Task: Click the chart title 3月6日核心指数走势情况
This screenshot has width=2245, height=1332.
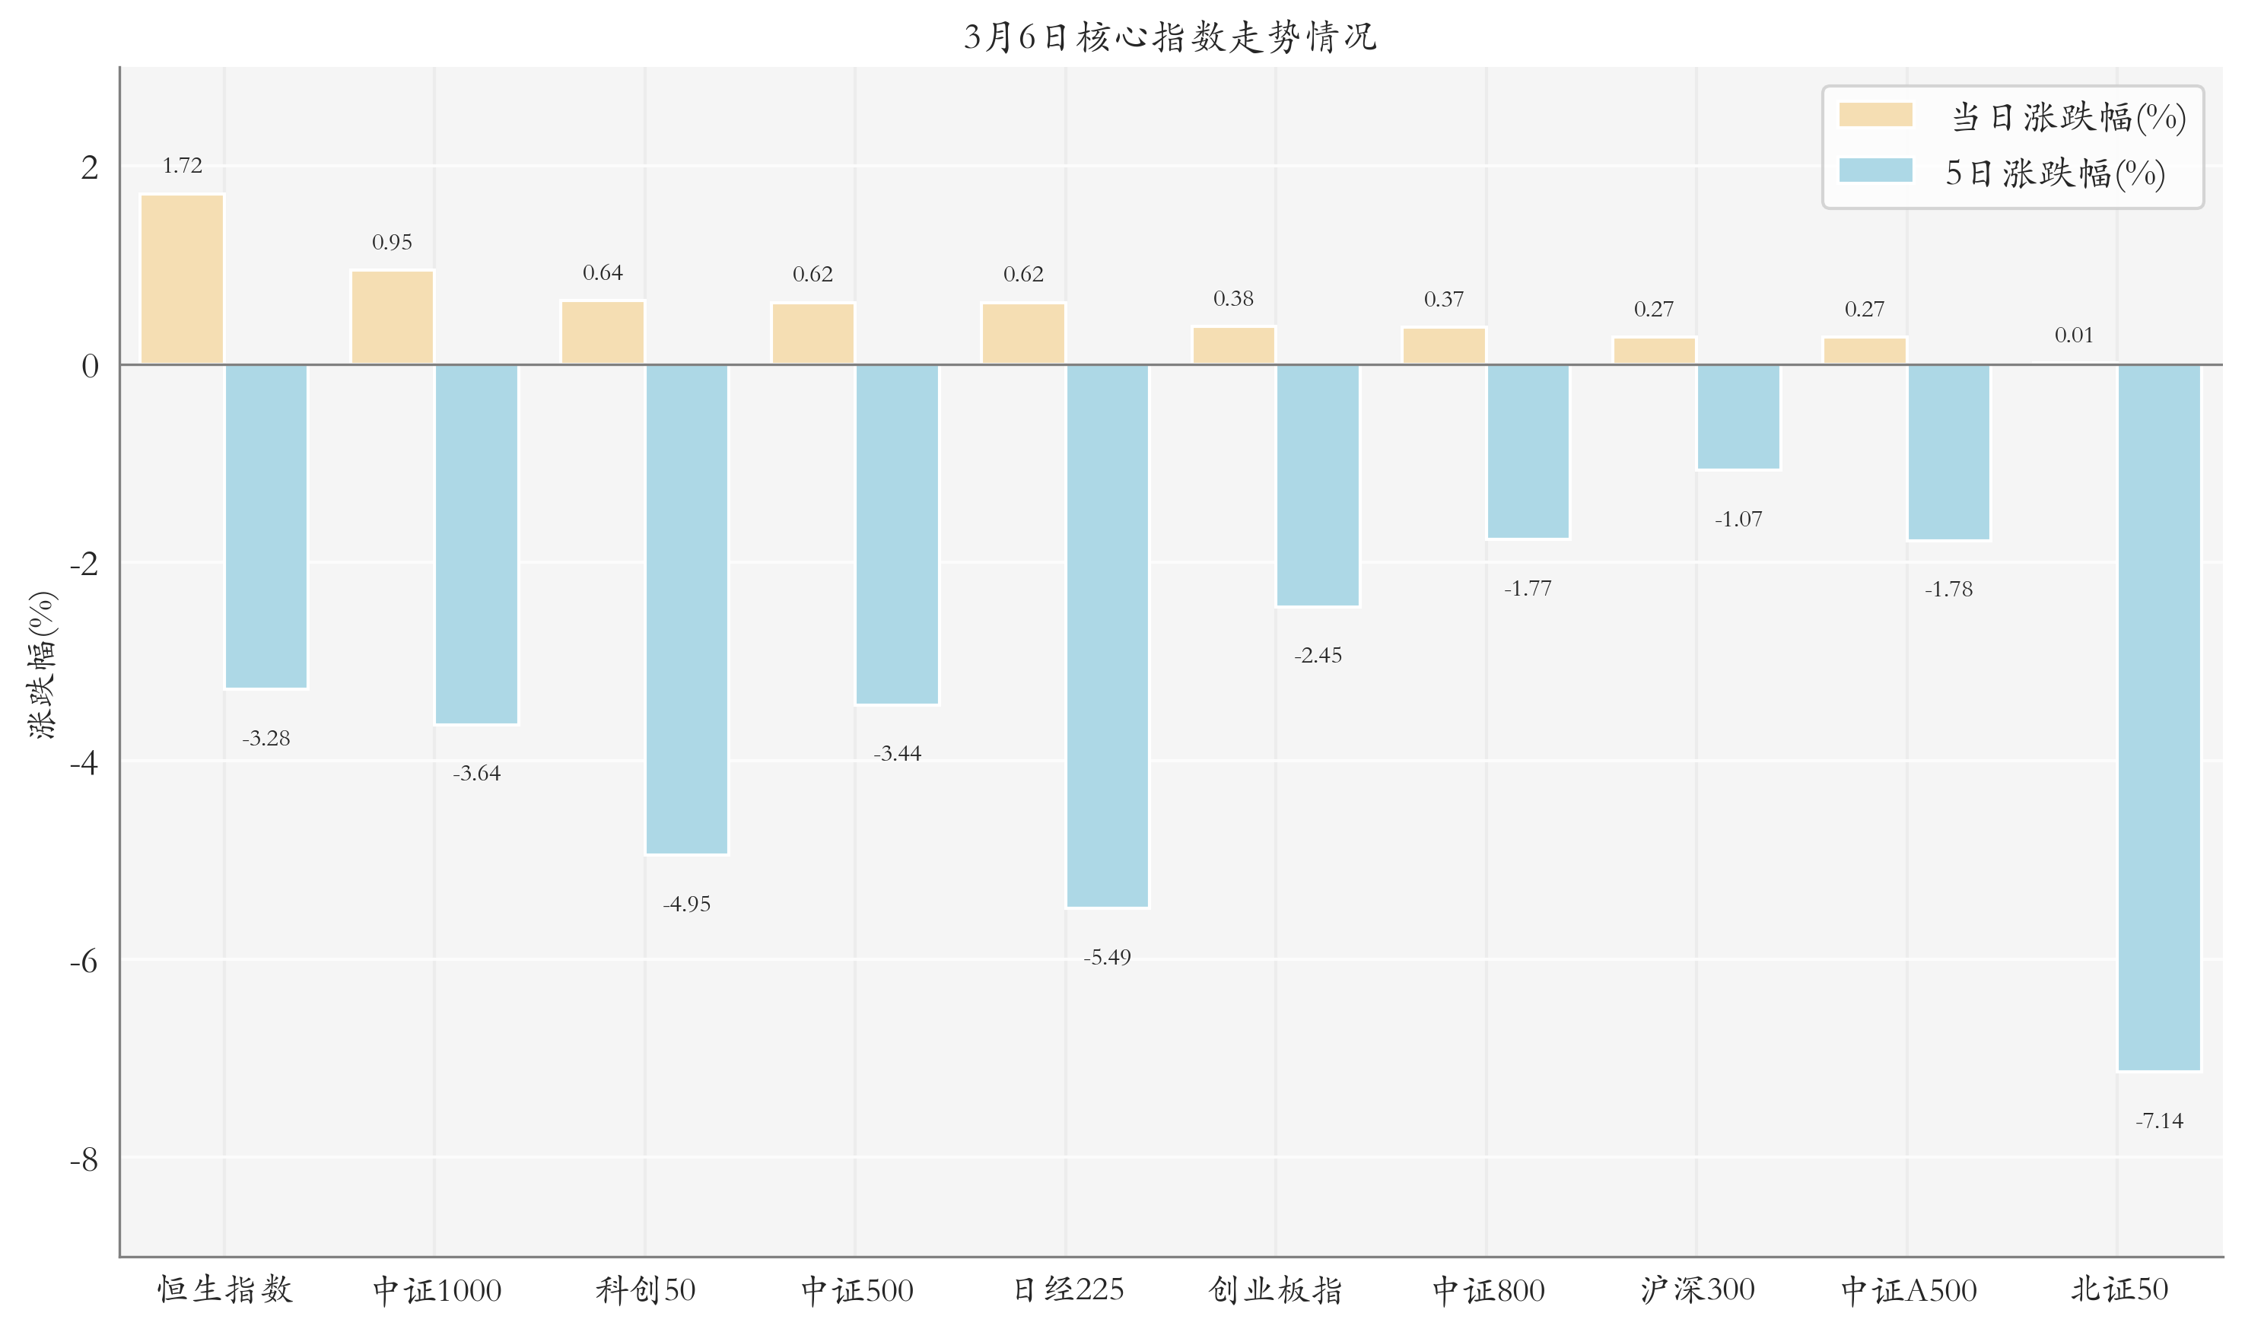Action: tap(1169, 37)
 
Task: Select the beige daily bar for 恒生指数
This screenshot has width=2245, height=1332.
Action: tap(183, 279)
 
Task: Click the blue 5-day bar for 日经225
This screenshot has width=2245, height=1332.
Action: tap(1107, 635)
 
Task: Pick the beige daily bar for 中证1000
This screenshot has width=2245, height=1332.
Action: tap(393, 317)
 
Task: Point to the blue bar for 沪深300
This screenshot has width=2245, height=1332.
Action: tap(1738, 416)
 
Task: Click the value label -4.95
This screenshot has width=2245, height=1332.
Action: tap(687, 904)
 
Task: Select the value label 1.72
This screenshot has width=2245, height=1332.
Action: tap(183, 165)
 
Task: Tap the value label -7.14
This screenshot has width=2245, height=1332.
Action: tap(2159, 1121)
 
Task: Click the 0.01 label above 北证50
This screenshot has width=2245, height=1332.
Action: tap(2074, 335)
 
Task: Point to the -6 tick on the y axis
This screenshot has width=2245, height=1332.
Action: tap(84, 962)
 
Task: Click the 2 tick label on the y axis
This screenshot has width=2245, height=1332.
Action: tap(89, 167)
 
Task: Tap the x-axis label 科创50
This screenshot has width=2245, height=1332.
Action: tap(645, 1290)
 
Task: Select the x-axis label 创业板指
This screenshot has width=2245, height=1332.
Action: tap(1276, 1290)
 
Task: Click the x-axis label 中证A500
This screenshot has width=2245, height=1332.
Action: tap(1909, 1290)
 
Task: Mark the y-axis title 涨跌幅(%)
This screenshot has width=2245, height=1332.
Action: tap(42, 664)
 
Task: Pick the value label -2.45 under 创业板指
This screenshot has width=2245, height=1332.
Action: tap(1318, 655)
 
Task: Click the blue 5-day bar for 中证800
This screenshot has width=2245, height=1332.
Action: tap(1528, 451)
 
